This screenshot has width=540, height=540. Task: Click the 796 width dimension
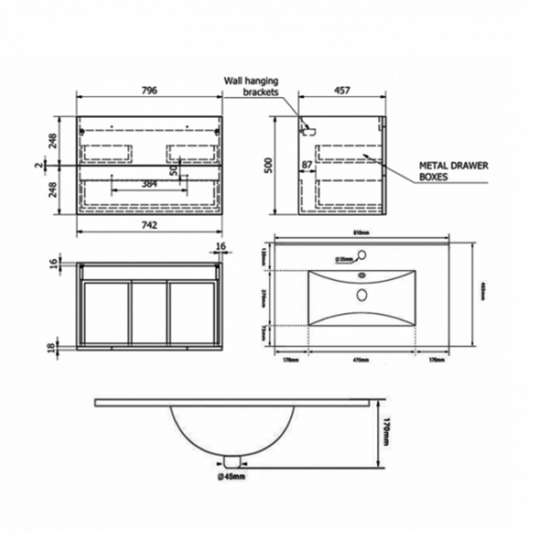click(150, 91)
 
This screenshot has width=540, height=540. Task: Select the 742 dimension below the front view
click(150, 224)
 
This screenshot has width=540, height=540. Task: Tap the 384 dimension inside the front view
click(150, 183)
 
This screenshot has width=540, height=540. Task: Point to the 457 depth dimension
click(343, 91)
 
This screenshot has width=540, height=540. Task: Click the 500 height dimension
click(268, 167)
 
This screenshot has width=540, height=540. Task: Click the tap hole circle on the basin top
click(362, 277)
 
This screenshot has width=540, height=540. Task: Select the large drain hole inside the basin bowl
click(362, 294)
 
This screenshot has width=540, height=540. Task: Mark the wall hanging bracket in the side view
click(308, 129)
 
